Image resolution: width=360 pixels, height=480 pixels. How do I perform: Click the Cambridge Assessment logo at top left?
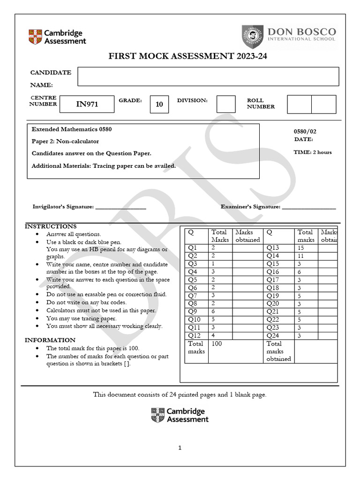tap(57, 37)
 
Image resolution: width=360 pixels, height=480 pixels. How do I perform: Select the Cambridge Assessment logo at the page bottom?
tap(180, 415)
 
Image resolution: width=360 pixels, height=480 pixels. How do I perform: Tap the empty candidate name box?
tap(208, 76)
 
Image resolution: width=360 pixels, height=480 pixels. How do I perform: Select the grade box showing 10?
tap(159, 104)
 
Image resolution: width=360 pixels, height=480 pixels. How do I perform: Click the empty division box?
tap(226, 104)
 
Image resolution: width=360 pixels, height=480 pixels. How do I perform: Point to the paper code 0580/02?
tap(305, 132)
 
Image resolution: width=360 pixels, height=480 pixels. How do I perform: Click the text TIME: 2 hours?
tap(313, 152)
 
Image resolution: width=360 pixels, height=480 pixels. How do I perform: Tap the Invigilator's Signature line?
tap(120, 207)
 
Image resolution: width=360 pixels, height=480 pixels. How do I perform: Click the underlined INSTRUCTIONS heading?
tap(51, 226)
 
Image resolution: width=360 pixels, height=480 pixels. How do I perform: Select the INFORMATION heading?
tap(50, 340)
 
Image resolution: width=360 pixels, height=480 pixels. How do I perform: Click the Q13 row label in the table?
tap(273, 247)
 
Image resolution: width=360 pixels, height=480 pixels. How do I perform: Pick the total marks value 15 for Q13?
tap(301, 247)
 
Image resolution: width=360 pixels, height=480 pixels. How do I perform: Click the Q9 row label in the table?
tap(193, 311)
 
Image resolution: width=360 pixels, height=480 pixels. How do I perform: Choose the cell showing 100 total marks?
tap(217, 344)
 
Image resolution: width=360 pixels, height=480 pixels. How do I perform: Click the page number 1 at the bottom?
tap(180, 448)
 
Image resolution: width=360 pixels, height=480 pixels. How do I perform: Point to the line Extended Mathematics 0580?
tap(72, 129)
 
